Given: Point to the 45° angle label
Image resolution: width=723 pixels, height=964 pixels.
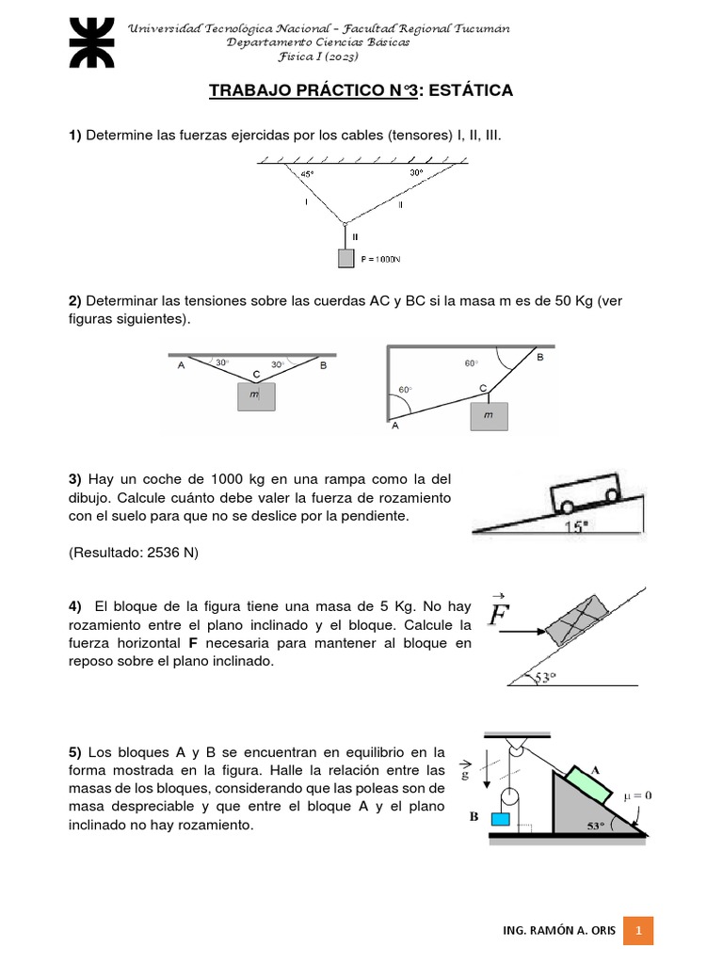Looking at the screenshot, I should [x=308, y=174].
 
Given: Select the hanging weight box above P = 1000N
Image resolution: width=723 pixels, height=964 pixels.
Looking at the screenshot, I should [x=345, y=257].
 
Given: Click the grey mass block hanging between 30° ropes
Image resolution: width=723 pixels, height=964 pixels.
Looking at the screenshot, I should [x=255, y=396].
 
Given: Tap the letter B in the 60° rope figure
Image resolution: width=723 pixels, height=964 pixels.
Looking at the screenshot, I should [x=539, y=358].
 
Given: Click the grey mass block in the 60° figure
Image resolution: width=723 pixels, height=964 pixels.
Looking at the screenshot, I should [x=488, y=415].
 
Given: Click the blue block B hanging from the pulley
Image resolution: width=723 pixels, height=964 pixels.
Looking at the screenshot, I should [x=500, y=819].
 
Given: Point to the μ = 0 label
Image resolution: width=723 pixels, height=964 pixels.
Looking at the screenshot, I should [x=636, y=795].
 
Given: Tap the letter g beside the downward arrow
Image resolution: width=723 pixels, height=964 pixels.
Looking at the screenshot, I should [x=463, y=775].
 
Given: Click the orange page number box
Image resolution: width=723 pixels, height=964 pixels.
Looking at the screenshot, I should [x=638, y=930].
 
